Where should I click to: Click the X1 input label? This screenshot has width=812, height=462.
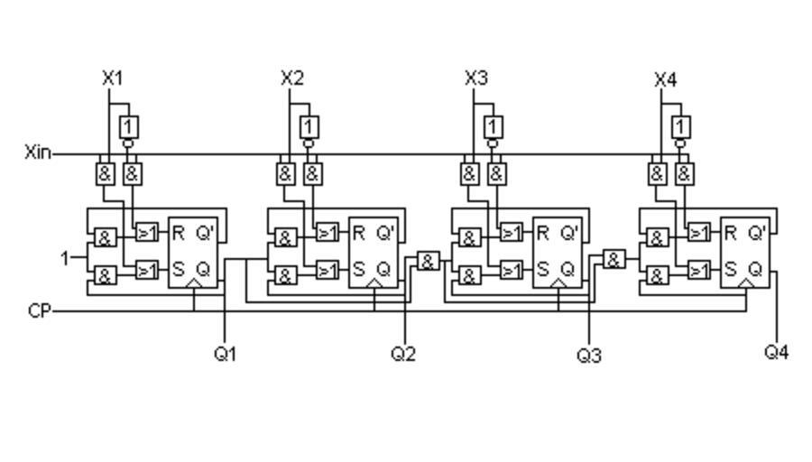tap(112, 79)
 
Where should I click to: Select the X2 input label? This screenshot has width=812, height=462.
tap(292, 79)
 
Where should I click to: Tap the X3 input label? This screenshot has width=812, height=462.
tap(476, 79)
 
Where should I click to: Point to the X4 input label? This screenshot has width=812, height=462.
tap(665, 79)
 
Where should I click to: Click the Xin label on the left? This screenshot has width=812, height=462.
tap(38, 152)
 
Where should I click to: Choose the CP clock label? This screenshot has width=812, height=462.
tap(39, 311)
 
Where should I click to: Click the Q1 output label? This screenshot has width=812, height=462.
tap(225, 354)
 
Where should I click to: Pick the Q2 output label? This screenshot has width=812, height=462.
tap(403, 354)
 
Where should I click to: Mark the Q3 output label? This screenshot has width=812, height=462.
tap(589, 355)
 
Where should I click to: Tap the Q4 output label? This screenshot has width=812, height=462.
tap(776, 352)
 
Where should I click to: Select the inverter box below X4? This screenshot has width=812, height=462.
tap(681, 126)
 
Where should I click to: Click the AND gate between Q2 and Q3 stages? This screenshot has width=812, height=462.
tap(428, 261)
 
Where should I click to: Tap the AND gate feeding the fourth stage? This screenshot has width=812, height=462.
tap(614, 260)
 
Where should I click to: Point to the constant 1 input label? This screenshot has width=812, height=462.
tap(65, 259)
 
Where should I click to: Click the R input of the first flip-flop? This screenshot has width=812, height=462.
tap(178, 234)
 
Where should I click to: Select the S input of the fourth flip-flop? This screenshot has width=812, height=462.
tap(730, 269)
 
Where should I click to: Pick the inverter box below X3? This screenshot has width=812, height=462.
tap(494, 126)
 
